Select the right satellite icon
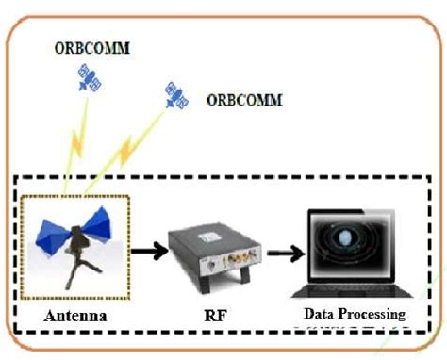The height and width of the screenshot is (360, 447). (x=174, y=94)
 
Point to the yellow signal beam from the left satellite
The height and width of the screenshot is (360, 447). (x=73, y=141)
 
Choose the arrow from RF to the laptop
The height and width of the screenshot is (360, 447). (x=284, y=253)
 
